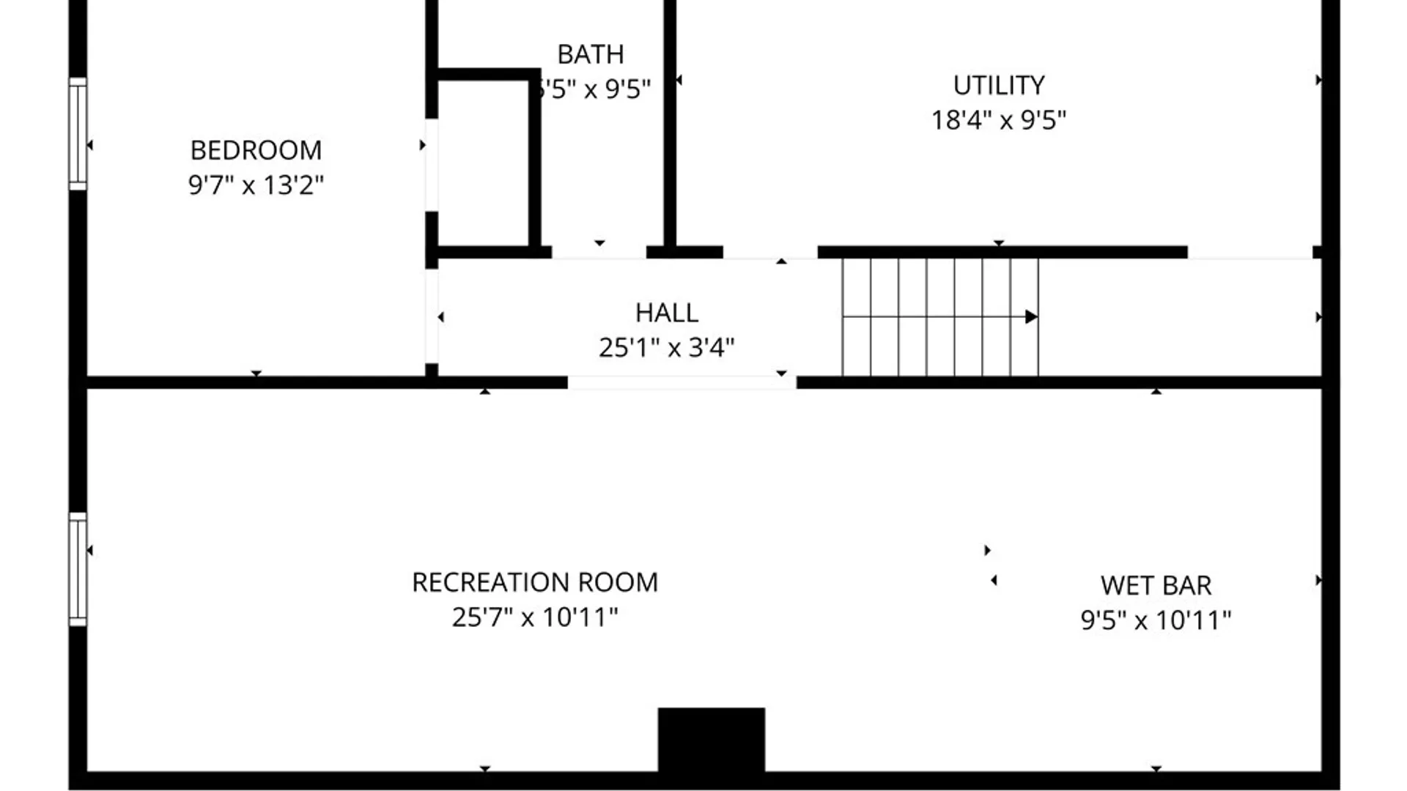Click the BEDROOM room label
tap(256, 150)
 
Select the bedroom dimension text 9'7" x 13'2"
tap(256, 185)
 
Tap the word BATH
tap(591, 54)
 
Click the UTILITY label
tap(998, 85)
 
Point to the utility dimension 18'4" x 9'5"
tap(998, 119)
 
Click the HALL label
tap(666, 313)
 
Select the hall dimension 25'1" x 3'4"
tap(666, 347)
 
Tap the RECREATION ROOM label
tap(535, 582)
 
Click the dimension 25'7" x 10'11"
tap(535, 617)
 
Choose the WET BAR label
tap(1156, 585)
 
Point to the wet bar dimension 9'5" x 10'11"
tap(1156, 620)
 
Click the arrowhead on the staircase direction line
tap(1031, 317)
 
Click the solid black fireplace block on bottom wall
tap(711, 740)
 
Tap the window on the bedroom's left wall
tap(78, 134)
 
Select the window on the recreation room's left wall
tap(78, 569)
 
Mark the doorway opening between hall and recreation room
tap(682, 382)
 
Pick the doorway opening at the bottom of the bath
tap(599, 252)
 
